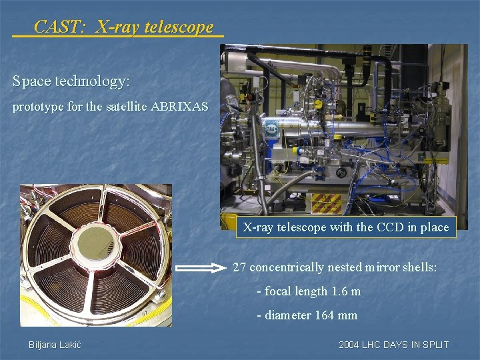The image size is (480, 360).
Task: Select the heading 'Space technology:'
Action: (71, 81)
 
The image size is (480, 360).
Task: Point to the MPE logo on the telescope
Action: (272, 127)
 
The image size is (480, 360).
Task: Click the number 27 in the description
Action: (239, 268)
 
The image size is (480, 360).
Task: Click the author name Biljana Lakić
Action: (54, 345)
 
